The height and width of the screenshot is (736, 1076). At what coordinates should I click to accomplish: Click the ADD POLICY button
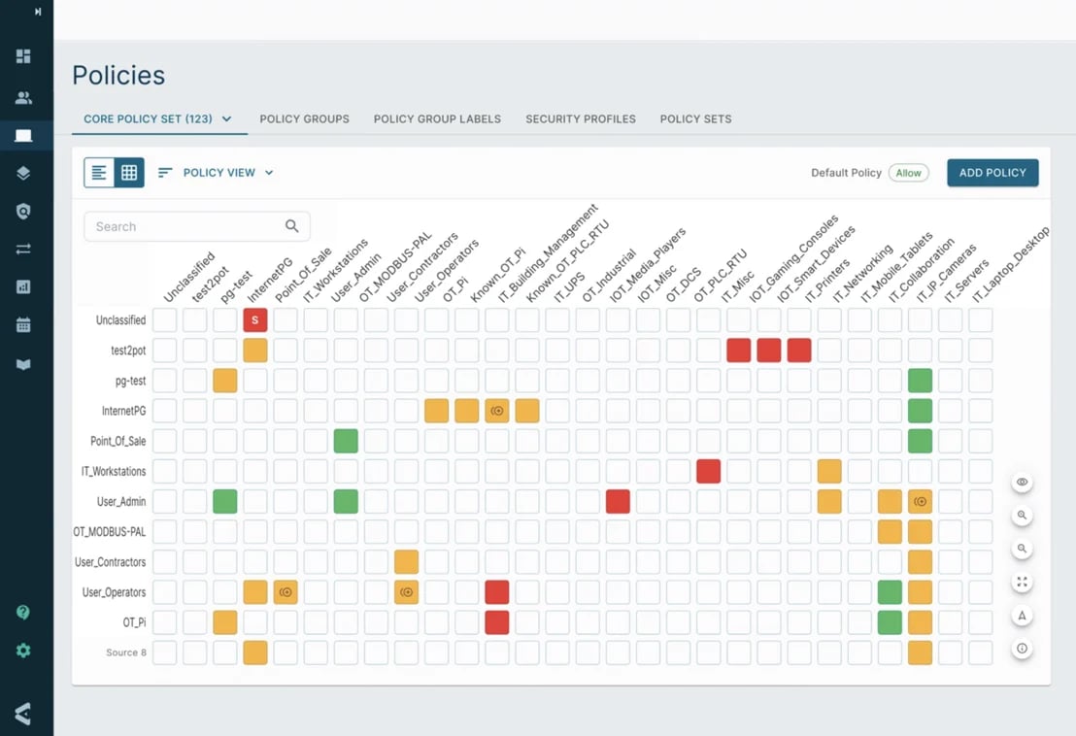(992, 173)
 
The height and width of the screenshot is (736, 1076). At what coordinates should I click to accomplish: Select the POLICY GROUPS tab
(304, 119)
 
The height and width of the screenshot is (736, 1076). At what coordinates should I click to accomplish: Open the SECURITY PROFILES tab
(580, 119)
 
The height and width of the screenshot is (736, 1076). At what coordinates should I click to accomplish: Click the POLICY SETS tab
(695, 119)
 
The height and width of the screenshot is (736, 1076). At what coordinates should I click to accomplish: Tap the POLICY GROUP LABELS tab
(437, 119)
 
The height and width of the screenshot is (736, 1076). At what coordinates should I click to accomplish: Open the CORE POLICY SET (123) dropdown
(157, 119)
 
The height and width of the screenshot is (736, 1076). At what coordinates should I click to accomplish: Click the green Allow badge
(908, 173)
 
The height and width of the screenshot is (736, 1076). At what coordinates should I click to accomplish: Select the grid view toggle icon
(129, 173)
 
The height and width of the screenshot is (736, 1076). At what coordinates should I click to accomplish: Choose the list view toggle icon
(99, 173)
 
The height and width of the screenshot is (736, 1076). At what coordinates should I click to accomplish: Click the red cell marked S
(254, 319)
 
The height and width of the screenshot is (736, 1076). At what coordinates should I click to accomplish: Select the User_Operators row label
(114, 592)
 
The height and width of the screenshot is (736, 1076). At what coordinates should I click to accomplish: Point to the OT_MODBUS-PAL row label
(110, 532)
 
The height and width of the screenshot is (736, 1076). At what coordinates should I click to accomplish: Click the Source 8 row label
(126, 652)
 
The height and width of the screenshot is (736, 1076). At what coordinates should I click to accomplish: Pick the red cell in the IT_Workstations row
(708, 471)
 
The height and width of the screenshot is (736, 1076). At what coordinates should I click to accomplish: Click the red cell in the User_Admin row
(618, 501)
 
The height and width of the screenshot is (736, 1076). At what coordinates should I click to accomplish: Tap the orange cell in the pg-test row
(224, 381)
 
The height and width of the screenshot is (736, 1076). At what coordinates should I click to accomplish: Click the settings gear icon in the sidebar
(23, 651)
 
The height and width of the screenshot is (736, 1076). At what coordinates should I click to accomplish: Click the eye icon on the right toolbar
(1022, 483)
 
